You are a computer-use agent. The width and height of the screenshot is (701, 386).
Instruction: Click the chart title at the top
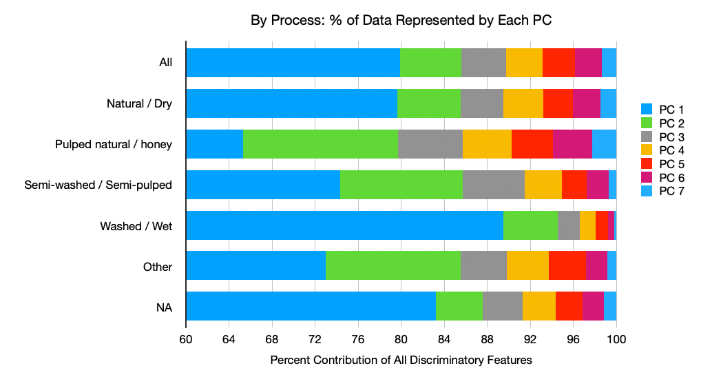pos(401,21)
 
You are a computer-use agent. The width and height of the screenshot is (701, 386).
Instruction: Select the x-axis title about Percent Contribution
pos(401,360)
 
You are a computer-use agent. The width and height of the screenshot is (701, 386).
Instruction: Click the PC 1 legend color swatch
pos(646,109)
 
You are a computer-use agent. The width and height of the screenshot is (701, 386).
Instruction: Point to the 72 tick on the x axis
pos(315,339)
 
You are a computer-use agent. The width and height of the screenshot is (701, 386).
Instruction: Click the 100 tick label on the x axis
pos(616,339)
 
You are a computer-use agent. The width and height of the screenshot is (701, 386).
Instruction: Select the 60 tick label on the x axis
pos(186,339)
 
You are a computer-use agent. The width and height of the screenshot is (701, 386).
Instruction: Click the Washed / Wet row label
pos(136,226)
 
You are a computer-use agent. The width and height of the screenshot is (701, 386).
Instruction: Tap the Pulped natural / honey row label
pos(114,145)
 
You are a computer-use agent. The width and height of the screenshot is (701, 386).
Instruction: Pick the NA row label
pos(164,307)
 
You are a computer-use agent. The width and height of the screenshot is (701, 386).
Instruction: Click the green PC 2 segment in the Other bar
pos(393,266)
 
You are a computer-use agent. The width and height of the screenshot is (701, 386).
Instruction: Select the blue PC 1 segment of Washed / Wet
pos(344,225)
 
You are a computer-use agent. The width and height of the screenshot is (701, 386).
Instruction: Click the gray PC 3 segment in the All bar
pos(483,63)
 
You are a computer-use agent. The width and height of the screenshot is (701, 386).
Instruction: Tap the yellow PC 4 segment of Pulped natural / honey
pos(487,144)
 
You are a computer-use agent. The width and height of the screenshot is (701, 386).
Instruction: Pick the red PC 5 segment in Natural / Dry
pos(558,103)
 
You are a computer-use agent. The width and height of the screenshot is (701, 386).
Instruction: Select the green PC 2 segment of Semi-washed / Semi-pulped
pos(401,185)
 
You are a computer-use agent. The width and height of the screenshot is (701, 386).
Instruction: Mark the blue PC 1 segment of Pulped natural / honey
pos(214,144)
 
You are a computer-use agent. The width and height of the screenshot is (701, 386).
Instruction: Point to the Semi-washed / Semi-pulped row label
pos(98,185)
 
